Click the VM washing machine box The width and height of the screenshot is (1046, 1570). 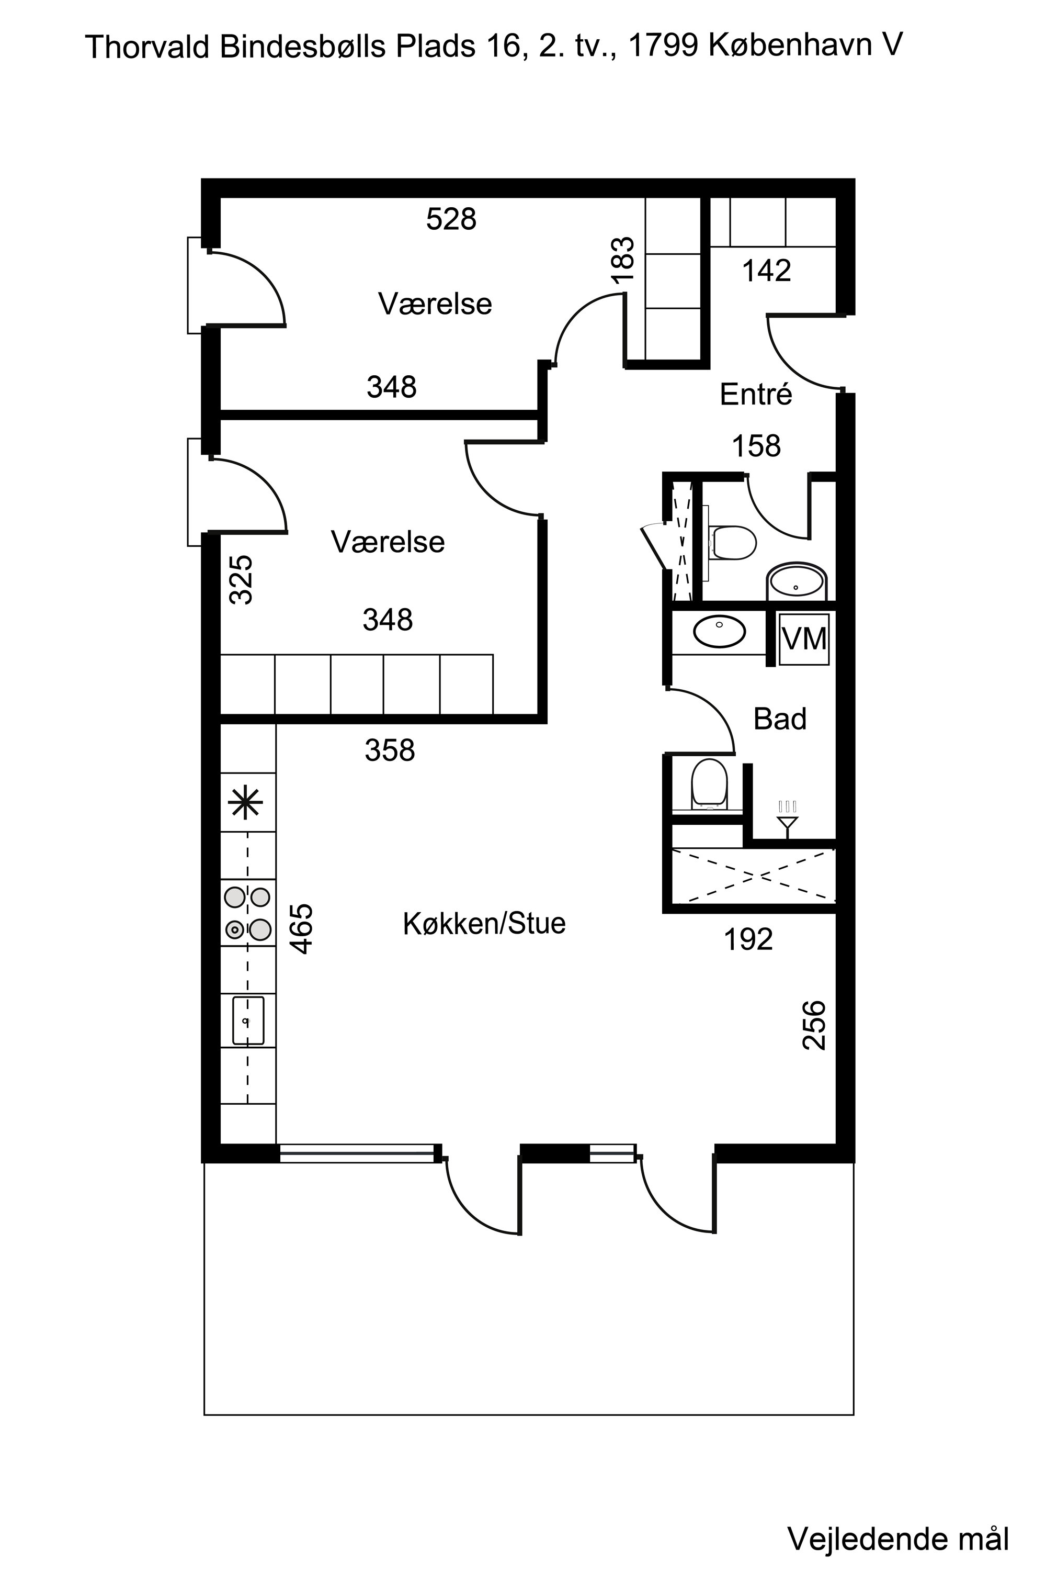804,639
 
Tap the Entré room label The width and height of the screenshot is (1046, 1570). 756,395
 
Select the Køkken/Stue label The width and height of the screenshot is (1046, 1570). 484,924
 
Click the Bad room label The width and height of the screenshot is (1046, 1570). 780,719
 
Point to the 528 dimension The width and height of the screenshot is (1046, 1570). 452,219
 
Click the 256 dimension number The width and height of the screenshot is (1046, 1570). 814,1025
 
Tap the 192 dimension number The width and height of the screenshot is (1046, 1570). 748,940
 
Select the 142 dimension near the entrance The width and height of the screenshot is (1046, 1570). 767,271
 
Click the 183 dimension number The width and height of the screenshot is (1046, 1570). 622,260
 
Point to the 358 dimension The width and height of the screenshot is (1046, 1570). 390,750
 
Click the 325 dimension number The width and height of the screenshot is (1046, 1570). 241,579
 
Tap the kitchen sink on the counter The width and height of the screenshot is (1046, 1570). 248,1020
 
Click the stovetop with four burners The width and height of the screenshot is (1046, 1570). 248,913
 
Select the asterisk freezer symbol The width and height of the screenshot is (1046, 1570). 246,802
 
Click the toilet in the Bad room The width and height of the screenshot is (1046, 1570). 709,783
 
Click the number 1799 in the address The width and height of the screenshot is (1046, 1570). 663,46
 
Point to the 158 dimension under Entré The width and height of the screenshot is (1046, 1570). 756,446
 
